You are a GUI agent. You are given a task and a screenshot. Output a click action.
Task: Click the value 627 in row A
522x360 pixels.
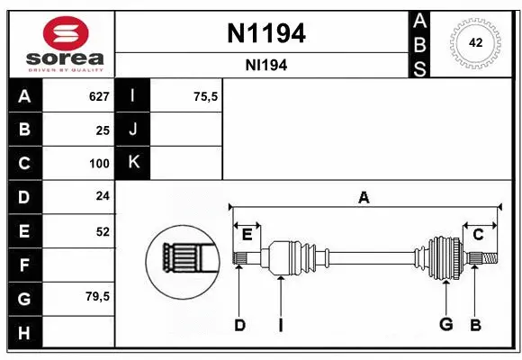click(x=98, y=96)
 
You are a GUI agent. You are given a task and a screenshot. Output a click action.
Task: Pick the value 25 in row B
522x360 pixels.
click(x=102, y=130)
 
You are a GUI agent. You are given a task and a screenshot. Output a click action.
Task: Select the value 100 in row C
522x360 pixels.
click(x=98, y=164)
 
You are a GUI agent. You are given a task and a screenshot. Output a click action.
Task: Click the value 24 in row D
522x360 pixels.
click(x=102, y=196)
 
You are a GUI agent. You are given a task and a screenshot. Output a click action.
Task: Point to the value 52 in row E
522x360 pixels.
click(x=102, y=231)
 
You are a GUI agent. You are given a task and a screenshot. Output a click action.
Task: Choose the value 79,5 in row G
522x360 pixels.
click(x=96, y=297)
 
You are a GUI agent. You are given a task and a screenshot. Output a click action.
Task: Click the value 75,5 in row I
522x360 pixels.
click(x=206, y=96)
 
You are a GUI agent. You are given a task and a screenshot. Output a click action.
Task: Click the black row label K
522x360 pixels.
click(x=133, y=162)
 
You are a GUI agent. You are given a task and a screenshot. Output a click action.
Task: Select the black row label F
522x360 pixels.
click(x=24, y=265)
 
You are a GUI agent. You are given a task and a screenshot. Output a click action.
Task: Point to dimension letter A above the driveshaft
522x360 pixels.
click(x=364, y=198)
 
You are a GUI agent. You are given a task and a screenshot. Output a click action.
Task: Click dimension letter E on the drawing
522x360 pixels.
click(x=247, y=234)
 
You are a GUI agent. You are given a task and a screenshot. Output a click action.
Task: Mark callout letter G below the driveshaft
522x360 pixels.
click(x=445, y=324)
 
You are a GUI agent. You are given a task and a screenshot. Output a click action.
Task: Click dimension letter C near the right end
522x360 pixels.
click(x=478, y=234)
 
